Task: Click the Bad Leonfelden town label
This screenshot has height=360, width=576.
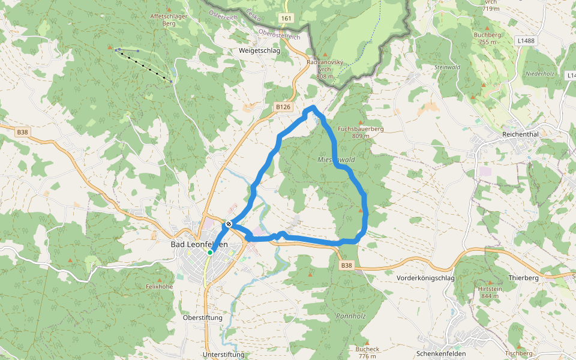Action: point(199,244)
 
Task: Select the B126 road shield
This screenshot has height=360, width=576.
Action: point(283,107)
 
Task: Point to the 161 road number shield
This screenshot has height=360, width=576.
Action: point(286,19)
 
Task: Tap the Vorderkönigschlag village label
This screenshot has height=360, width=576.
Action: point(425,278)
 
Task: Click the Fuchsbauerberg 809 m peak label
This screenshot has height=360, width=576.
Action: point(361,132)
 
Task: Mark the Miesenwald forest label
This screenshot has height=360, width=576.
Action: point(337,160)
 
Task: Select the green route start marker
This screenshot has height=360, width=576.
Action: point(210,253)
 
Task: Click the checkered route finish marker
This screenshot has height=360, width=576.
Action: point(229,224)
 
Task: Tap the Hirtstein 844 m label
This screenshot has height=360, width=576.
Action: point(490,292)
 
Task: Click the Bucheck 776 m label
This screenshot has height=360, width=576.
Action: point(367,352)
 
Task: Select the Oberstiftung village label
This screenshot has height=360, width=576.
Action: point(202,317)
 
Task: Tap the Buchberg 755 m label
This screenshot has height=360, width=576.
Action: point(487,38)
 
